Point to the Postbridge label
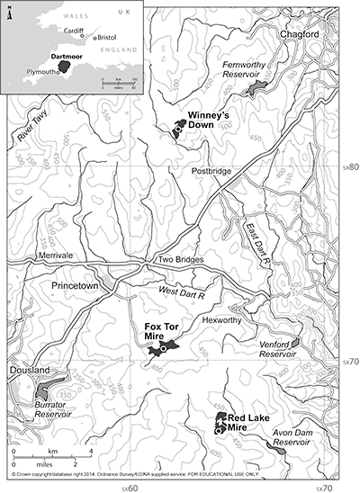click(x=213, y=170)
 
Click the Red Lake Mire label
click(x=247, y=423)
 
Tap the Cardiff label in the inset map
click(x=64, y=30)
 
